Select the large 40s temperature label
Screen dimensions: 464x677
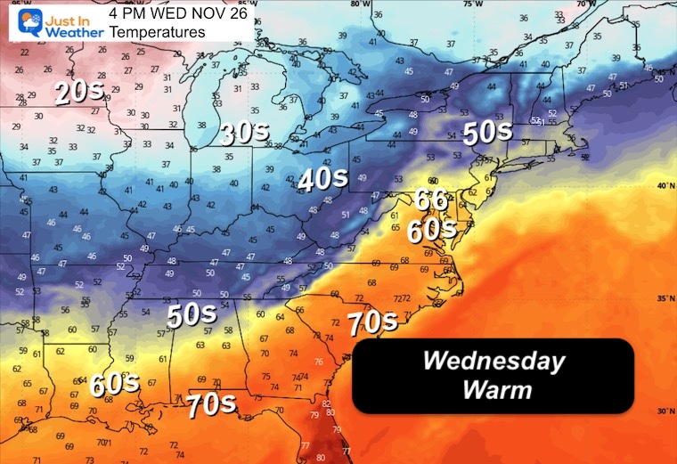click(322, 179)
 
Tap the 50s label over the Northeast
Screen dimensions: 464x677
click(486, 132)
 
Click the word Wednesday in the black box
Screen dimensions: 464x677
click(493, 361)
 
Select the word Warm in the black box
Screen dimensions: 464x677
click(493, 389)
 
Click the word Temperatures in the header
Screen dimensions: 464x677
click(157, 32)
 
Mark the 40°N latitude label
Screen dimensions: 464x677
click(662, 186)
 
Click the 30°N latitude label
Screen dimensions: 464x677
click(662, 411)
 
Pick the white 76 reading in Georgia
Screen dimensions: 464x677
click(319, 362)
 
